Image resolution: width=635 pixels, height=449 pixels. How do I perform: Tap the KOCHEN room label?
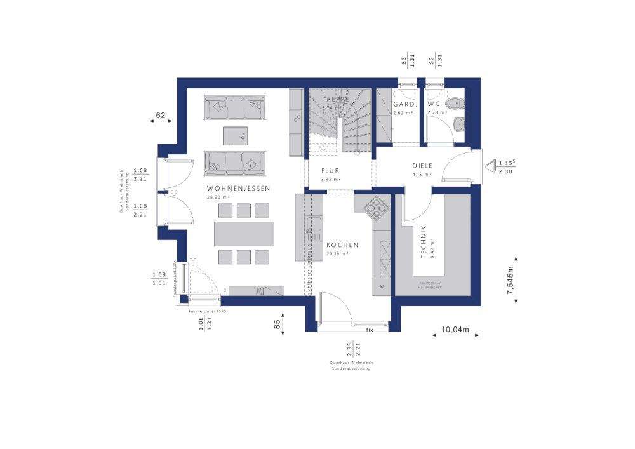343,245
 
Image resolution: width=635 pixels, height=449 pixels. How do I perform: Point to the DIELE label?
421,165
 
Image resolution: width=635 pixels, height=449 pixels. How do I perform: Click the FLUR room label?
330,171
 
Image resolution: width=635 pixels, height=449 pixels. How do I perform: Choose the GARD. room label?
404,104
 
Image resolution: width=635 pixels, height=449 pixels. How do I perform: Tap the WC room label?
434,104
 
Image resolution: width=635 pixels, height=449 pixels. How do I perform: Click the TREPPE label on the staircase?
336,100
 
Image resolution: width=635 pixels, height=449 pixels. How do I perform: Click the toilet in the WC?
455,104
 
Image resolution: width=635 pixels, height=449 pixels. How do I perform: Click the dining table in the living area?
244,233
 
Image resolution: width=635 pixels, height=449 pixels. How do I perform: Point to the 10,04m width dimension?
455,330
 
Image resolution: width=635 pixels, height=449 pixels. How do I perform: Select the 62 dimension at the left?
161,115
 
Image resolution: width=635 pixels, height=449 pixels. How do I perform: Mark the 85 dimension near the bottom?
277,324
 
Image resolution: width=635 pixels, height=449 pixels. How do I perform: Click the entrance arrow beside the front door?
490,166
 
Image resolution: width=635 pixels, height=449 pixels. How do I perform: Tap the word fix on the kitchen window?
370,330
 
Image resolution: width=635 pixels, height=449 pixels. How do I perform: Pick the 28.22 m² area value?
218,198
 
